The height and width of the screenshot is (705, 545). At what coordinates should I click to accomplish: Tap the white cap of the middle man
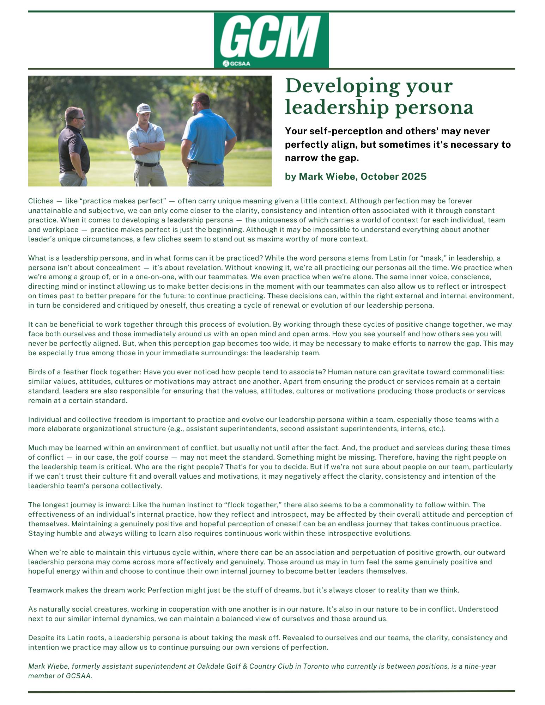point(144,107)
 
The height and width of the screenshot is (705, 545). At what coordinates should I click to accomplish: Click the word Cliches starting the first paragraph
point(41,201)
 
